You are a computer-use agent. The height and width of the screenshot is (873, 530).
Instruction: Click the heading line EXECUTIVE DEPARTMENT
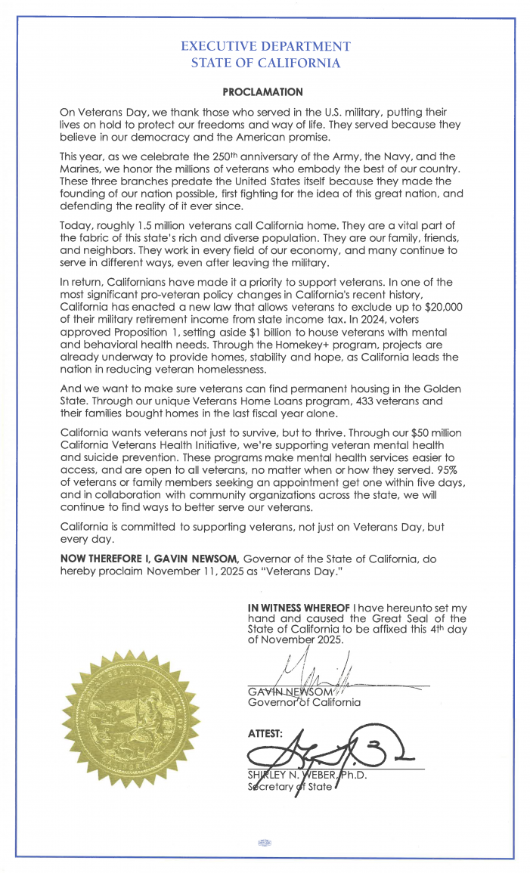[265, 47]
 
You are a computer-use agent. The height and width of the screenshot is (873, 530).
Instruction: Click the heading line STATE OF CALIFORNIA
[265, 63]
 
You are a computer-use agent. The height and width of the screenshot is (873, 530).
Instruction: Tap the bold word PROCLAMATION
[263, 92]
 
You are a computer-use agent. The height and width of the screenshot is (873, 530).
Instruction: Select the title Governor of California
[304, 702]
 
